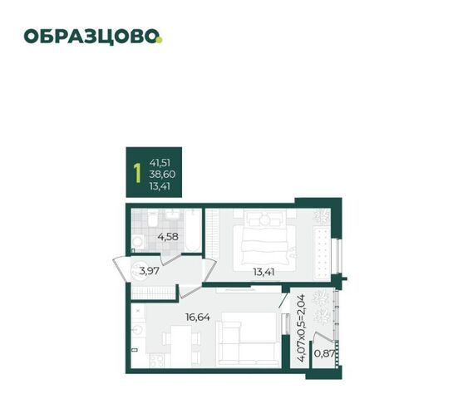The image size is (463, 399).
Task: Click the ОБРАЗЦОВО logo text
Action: [91, 37]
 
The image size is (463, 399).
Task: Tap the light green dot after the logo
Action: [160, 40]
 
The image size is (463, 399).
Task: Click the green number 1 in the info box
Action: [137, 174]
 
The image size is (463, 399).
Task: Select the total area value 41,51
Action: [160, 163]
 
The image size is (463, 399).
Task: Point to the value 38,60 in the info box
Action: [162, 175]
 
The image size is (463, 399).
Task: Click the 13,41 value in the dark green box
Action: [160, 186]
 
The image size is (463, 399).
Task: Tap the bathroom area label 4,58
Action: [168, 237]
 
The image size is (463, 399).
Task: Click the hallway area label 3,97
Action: [149, 270]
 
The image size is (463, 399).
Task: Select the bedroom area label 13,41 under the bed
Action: [264, 272]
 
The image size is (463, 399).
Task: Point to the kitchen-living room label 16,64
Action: [198, 318]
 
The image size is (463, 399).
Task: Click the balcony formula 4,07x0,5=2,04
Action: [301, 328]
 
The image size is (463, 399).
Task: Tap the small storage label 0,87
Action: [324, 353]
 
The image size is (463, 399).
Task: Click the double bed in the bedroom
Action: [264, 239]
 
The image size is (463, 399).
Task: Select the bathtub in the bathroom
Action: [193, 231]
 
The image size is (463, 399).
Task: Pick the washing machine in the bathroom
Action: [138, 242]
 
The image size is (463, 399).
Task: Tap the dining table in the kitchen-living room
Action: [181, 346]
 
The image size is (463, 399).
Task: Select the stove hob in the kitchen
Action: [156, 360]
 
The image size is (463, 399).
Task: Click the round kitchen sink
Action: [138, 329]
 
